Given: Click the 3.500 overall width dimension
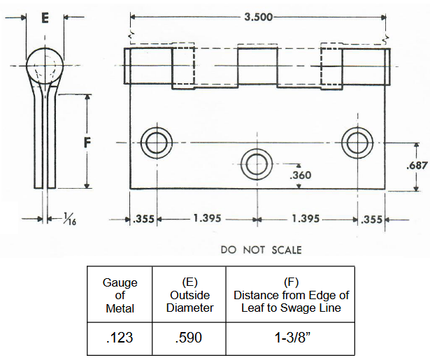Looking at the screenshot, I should click(259, 17).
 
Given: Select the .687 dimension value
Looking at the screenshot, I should click(417, 166).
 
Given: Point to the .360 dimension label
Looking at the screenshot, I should click(300, 174).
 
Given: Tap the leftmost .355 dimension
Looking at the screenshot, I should click(143, 219).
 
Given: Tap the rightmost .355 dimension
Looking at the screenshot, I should click(371, 219).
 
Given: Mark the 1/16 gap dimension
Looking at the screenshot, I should click(65, 219).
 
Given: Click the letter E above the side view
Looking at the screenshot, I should click(45, 18).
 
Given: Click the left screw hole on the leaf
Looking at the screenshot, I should click(155, 143).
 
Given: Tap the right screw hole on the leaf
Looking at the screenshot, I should click(356, 143).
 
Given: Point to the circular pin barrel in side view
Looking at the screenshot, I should click(45, 66).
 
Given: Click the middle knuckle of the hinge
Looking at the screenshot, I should click(258, 67).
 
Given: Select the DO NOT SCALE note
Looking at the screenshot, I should click(261, 250).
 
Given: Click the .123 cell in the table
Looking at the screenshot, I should click(120, 338).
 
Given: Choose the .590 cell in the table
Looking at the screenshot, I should click(188, 338).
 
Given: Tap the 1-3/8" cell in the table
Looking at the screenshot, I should click(291, 338).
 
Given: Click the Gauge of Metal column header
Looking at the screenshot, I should click(120, 295).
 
